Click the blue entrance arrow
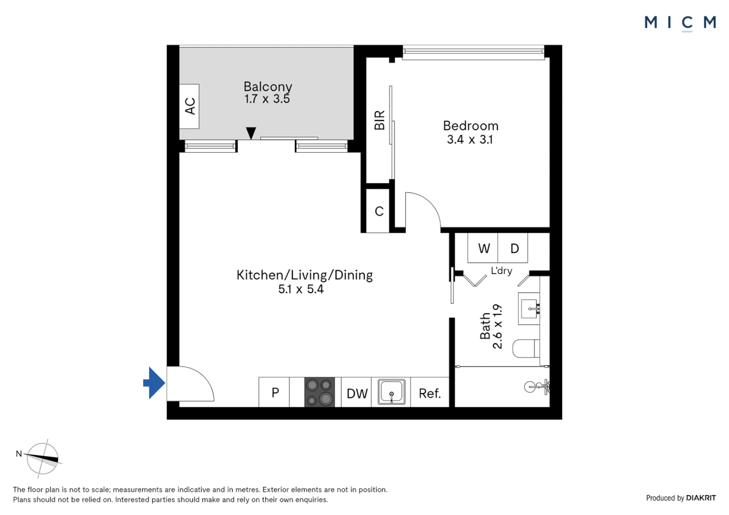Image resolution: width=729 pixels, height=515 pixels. coord(155,382)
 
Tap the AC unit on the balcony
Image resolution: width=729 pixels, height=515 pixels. coord(189,106)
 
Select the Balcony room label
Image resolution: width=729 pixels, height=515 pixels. coord(268,87)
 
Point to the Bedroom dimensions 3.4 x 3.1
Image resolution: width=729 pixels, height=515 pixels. coord(469,140)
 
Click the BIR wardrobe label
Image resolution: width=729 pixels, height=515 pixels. coord(379,120)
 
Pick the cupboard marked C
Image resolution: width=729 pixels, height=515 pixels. coord(379,211)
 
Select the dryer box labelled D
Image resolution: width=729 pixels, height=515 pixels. coord(514,248)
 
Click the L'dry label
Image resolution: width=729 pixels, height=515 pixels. coord(501,271)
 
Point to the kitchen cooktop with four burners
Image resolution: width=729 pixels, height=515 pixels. coord(320,392)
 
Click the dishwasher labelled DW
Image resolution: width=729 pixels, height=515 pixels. coord(357,393)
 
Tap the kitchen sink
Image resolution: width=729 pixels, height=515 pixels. coord(391,392)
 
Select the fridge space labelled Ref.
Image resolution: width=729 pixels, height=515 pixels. coord(429,393)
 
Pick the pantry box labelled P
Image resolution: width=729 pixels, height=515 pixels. coord(275,392)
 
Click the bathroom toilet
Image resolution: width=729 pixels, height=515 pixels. coord(526,349)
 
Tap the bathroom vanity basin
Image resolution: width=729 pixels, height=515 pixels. coord(529,309)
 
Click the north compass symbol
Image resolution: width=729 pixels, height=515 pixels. coord(42,458)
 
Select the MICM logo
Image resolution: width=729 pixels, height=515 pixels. coord(680,22)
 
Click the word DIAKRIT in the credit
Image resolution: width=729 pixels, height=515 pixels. coord(701,498)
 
